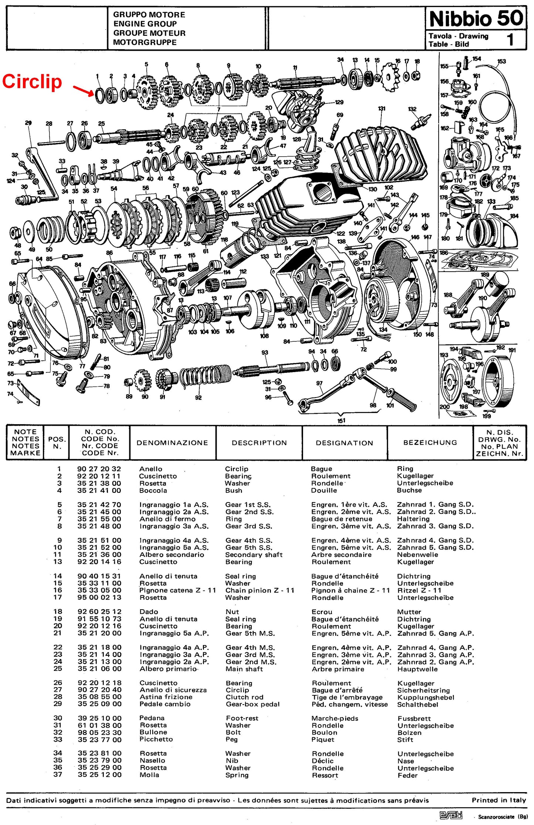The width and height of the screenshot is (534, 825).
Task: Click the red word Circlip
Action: [x=32, y=82]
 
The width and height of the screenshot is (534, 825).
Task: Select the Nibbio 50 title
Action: [x=477, y=18]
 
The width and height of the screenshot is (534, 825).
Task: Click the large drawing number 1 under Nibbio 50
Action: [x=510, y=39]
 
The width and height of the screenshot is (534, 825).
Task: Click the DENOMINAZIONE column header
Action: [x=172, y=443]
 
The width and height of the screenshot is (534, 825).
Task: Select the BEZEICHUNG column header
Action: [x=430, y=442]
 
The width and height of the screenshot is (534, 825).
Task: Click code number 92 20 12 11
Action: [x=99, y=476]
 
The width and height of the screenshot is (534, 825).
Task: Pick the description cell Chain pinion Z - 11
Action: [x=260, y=590]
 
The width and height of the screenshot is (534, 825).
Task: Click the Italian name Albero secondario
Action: [x=171, y=555]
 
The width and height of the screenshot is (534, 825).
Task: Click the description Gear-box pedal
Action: [x=253, y=704]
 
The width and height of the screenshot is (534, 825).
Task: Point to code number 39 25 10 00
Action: [x=99, y=718]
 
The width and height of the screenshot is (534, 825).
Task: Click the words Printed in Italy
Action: [x=499, y=800]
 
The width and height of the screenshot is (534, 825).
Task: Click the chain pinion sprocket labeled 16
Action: [x=390, y=77]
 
